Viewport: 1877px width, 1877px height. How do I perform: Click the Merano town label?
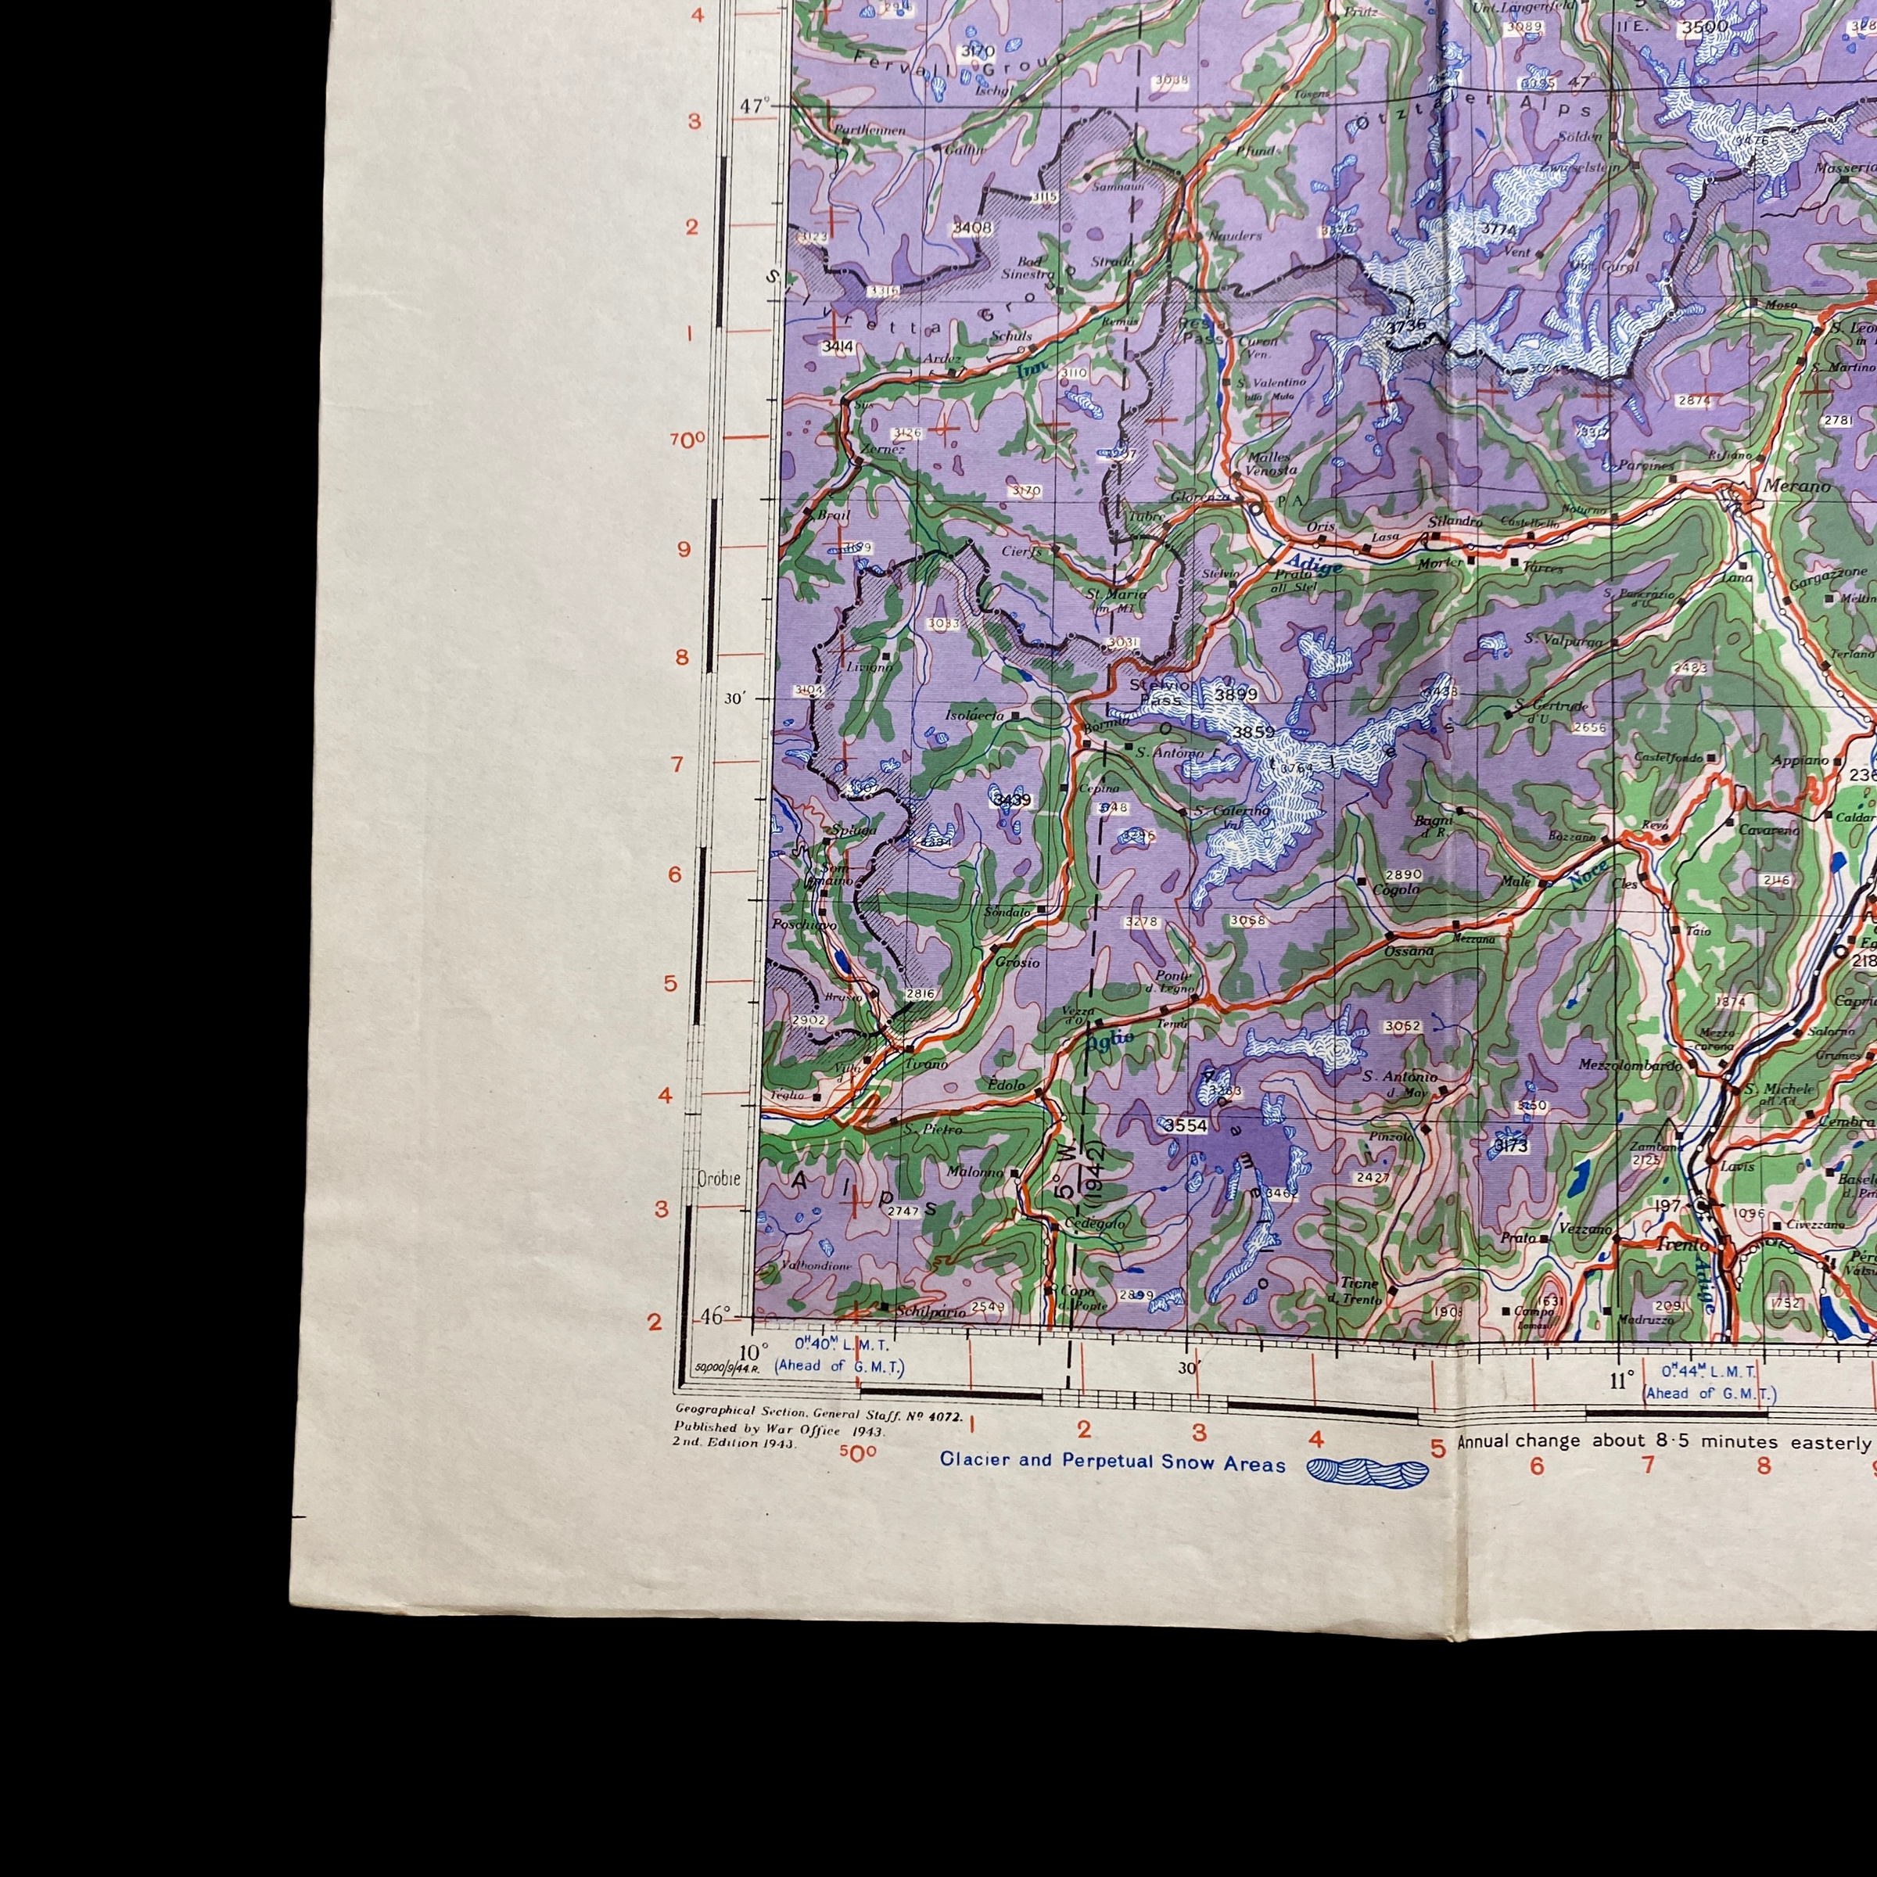[x=1797, y=486]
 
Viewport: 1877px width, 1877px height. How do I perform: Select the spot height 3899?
[x=1235, y=694]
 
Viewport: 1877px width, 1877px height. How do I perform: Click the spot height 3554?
[x=1186, y=1125]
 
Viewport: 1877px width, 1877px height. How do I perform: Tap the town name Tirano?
[x=926, y=1064]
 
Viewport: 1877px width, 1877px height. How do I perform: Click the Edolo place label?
[x=1006, y=1084]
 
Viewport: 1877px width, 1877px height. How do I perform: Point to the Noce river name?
[x=1587, y=874]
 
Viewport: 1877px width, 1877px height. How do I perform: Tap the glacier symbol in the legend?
[x=1368, y=1471]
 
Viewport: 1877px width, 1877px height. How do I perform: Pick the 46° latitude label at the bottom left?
[x=714, y=1316]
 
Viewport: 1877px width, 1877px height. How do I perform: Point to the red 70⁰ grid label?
[x=687, y=440]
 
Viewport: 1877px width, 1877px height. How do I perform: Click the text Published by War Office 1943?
[x=779, y=1430]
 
